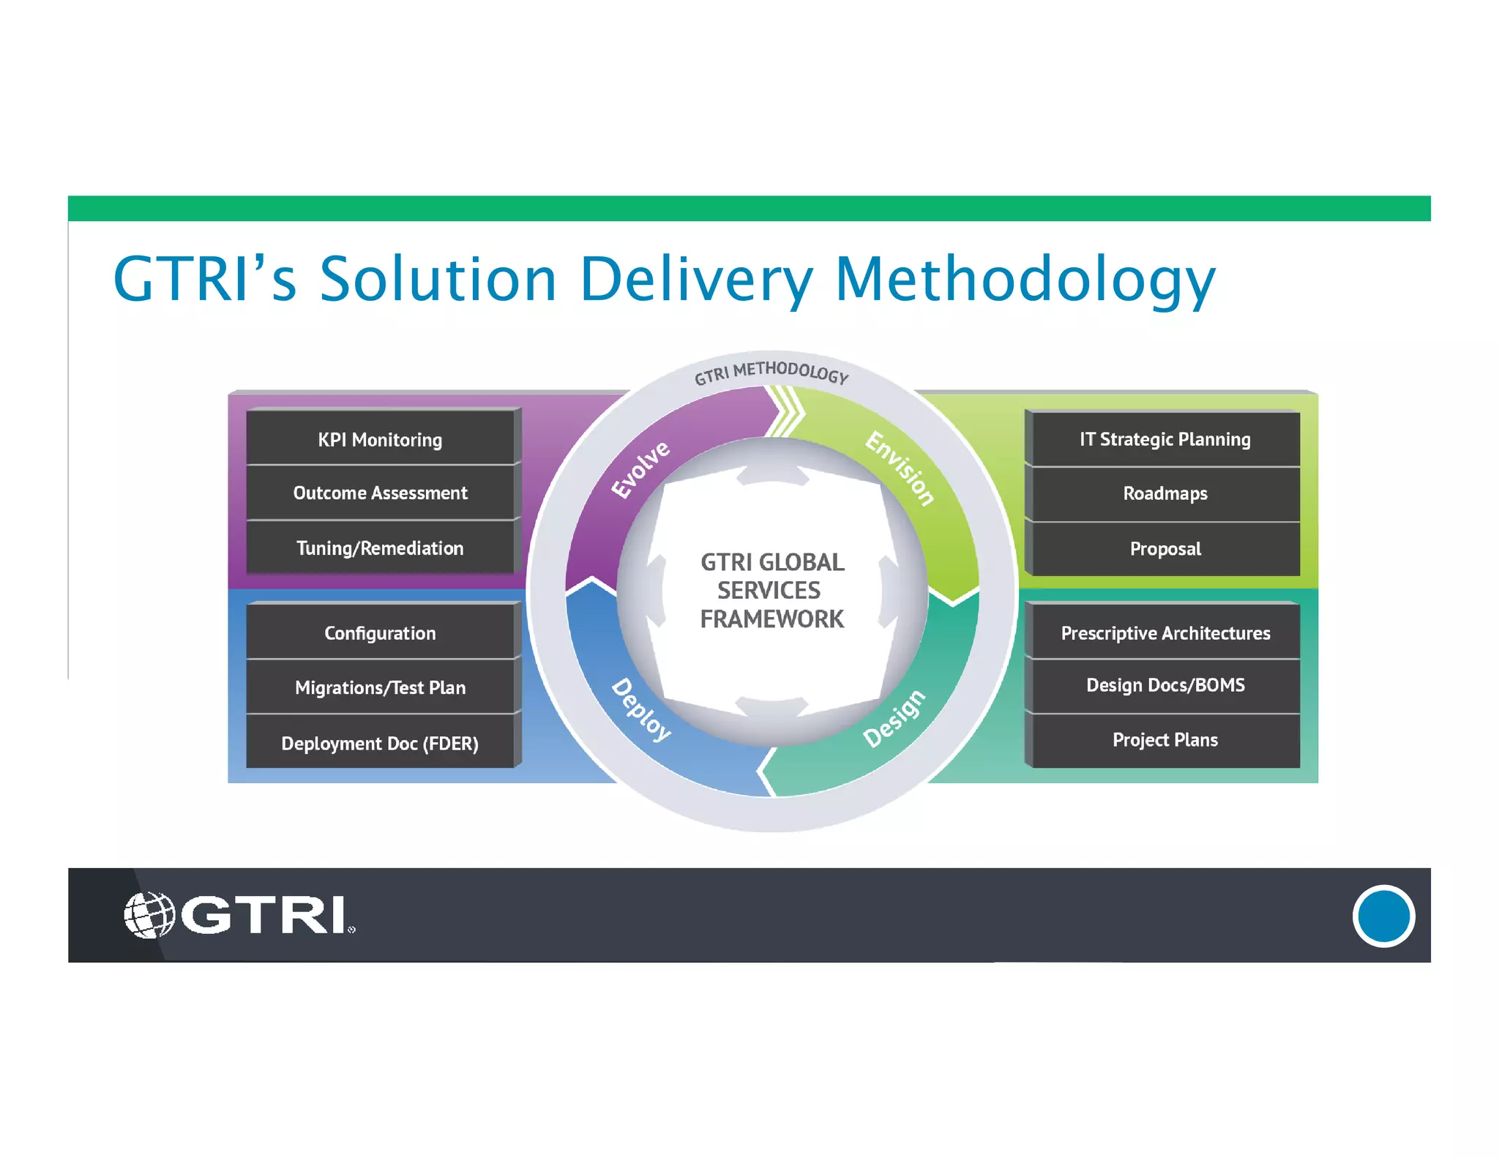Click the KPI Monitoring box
tap(380, 439)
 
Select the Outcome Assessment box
tap(380, 493)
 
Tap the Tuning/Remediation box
tap(380, 548)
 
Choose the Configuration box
tap(380, 632)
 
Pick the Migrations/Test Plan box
tap(380, 687)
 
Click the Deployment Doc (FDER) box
tap(380, 743)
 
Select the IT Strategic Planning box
tap(1165, 439)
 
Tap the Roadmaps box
tap(1165, 493)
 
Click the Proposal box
tap(1165, 548)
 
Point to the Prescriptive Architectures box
tap(1165, 632)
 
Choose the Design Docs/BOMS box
tap(1165, 685)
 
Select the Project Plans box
tap(1165, 740)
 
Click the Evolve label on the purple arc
tap(640, 469)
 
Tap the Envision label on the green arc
tap(900, 468)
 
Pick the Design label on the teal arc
tap(894, 718)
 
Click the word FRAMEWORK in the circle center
tap(771, 619)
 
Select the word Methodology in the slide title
tap(1025, 280)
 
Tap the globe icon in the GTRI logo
tap(149, 914)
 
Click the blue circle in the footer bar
tap(1383, 916)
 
